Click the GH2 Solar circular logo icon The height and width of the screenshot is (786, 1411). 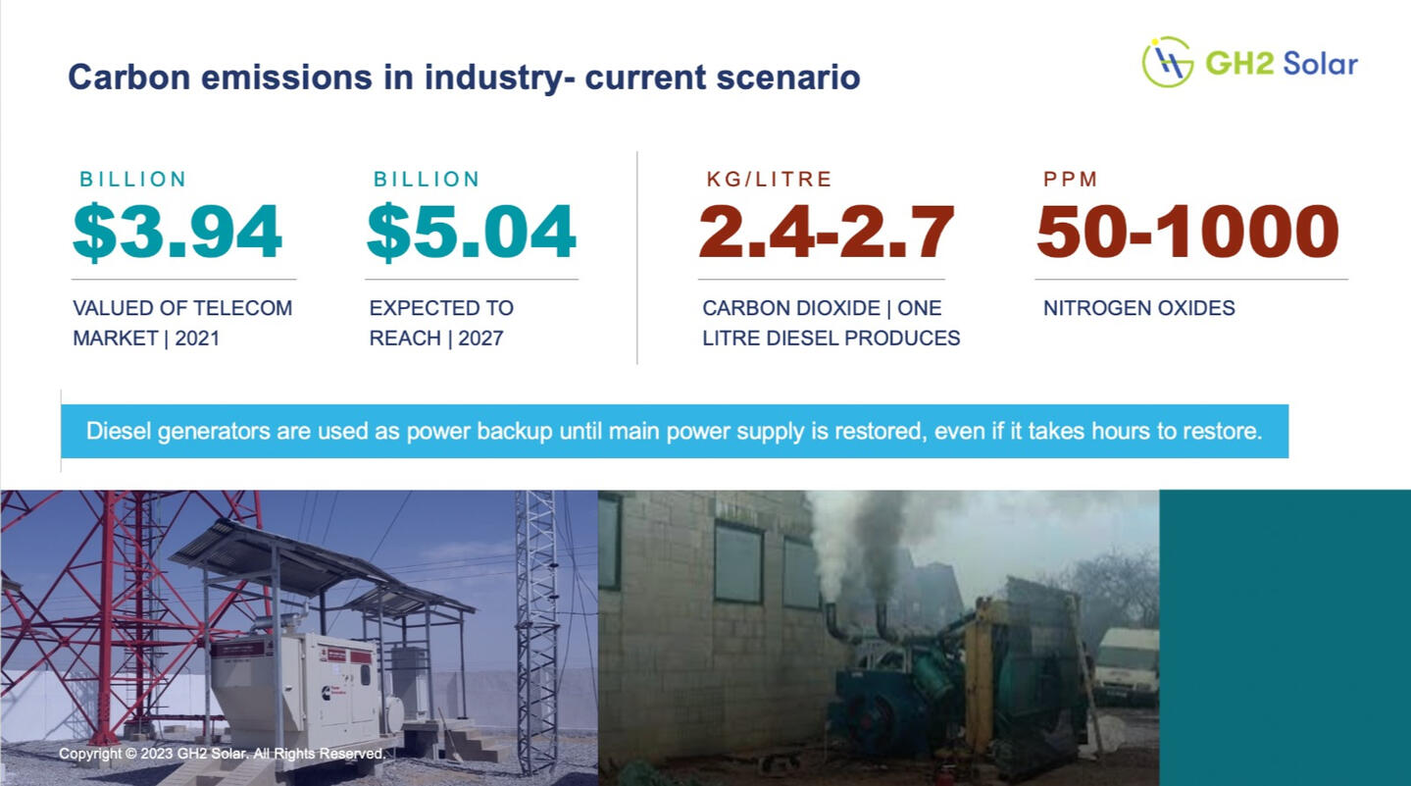(1167, 62)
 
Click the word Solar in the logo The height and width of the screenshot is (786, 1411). (1320, 64)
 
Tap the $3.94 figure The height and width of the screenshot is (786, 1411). (177, 232)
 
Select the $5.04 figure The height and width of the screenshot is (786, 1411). (472, 232)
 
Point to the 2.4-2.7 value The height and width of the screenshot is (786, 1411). (827, 232)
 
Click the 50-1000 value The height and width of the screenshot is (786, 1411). (1188, 232)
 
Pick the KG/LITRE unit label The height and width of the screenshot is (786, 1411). (769, 179)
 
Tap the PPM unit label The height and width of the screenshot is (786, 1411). (1070, 179)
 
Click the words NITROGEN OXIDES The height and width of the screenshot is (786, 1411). (1138, 308)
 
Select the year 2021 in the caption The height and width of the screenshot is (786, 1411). (197, 339)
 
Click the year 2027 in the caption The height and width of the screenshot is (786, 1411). (480, 339)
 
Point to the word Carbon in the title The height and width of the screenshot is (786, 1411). (129, 78)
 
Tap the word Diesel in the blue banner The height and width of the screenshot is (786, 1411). (118, 431)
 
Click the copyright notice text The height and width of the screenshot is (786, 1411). (222, 754)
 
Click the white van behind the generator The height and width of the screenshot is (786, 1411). (1127, 665)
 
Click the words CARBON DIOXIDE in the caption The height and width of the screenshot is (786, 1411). (791, 308)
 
